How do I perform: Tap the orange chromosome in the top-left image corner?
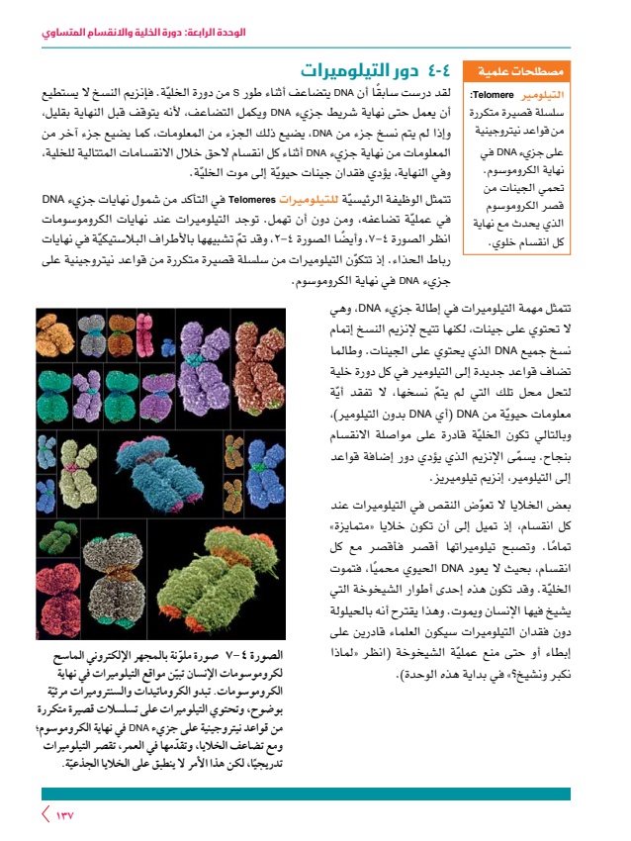(56, 339)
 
